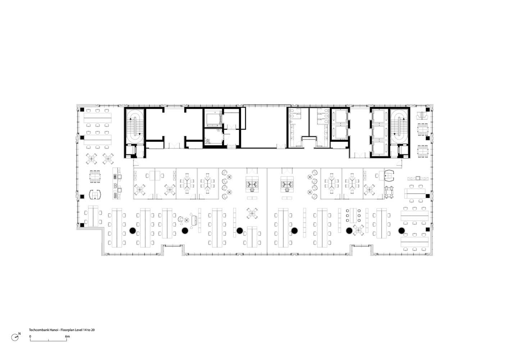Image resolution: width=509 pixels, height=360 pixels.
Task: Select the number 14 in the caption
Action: pos(85,330)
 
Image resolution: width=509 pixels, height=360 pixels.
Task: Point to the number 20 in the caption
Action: pos(92,330)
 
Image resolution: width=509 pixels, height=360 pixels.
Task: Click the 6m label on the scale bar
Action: pos(67,336)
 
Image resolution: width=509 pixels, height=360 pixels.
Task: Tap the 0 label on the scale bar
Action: pos(30,336)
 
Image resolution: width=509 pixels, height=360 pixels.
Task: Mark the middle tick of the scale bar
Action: pos(49,340)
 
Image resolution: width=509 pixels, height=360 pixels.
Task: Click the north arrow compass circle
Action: pos(15,337)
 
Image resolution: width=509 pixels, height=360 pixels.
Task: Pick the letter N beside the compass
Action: pos(19,334)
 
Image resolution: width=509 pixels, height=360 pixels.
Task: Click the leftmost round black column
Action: pos(133,231)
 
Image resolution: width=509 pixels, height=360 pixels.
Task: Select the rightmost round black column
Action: pos(401,231)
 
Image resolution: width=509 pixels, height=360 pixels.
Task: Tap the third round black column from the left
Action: pos(240,231)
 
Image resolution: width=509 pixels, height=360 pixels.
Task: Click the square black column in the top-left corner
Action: pos(82,109)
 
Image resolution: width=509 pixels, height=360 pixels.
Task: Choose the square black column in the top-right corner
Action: pos(428,109)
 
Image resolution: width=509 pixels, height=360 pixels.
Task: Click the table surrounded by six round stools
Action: pos(353,215)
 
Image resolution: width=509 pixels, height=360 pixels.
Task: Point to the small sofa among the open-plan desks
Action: pos(194,220)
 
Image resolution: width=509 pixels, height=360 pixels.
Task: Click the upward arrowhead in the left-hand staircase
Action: pos(131,119)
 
